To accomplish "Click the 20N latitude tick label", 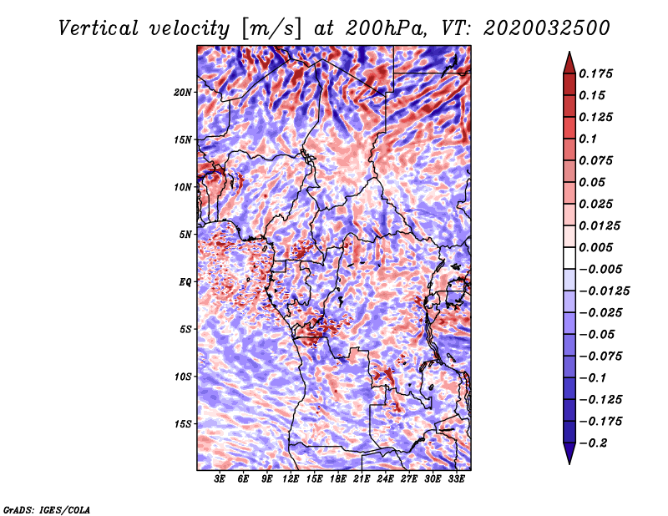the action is coord(183,93).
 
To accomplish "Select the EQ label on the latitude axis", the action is coord(185,282).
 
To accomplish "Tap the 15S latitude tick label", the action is coord(183,424).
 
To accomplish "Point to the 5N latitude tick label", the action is coord(185,235).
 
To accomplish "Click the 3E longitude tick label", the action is coord(220,479).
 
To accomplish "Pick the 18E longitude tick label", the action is coord(338,479).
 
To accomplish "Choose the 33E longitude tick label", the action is coord(456,479).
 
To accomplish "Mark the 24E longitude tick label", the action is coord(385,479).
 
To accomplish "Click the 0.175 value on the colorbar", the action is coord(595,73).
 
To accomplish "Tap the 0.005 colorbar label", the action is coord(595,247).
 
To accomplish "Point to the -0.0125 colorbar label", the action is coord(604,291).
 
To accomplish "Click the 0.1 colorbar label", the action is coord(588,139).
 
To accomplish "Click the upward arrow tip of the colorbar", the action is coord(569,52).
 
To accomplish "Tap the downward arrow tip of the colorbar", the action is coord(569,463).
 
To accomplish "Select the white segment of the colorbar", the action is coord(569,258).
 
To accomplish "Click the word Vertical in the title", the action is coord(99,28).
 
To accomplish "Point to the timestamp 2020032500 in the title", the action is coord(547,28).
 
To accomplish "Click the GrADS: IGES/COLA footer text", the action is coord(47,509).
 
